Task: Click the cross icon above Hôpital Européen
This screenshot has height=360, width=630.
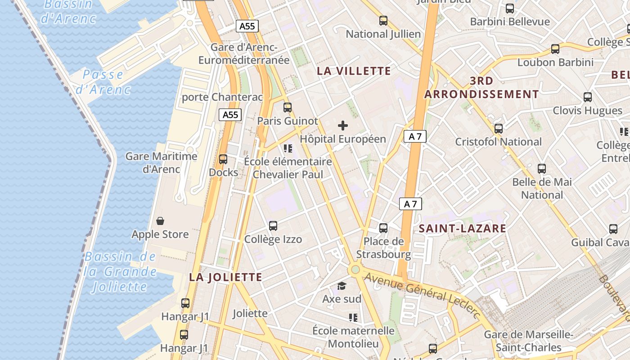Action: pyautogui.click(x=343, y=126)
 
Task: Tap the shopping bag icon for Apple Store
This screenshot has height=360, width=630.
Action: pyautogui.click(x=160, y=221)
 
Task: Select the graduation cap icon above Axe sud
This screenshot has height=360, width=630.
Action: pyautogui.click(x=342, y=286)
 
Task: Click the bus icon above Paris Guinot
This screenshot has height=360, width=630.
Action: pyautogui.click(x=288, y=108)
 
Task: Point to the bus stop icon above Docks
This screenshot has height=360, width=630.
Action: pyautogui.click(x=223, y=159)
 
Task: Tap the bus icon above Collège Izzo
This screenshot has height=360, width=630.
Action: pyautogui.click(x=273, y=226)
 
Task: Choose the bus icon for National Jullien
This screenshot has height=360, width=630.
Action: pyautogui.click(x=383, y=21)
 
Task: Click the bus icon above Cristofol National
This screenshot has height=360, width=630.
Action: pyautogui.click(x=498, y=129)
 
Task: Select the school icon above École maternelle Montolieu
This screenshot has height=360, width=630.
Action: pyautogui.click(x=353, y=318)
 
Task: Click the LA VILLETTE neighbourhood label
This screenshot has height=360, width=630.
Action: pyautogui.click(x=354, y=71)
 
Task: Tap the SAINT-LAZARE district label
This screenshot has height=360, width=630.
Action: pyautogui.click(x=463, y=229)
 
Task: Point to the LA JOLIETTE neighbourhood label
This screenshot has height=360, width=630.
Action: pyautogui.click(x=225, y=277)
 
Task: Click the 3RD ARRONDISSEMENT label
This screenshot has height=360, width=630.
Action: pyautogui.click(x=481, y=88)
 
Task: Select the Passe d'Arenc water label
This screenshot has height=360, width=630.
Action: pyautogui.click(x=103, y=82)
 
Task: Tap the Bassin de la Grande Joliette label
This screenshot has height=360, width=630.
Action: pyautogui.click(x=121, y=272)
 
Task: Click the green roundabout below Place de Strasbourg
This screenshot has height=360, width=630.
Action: pyautogui.click(x=355, y=270)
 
